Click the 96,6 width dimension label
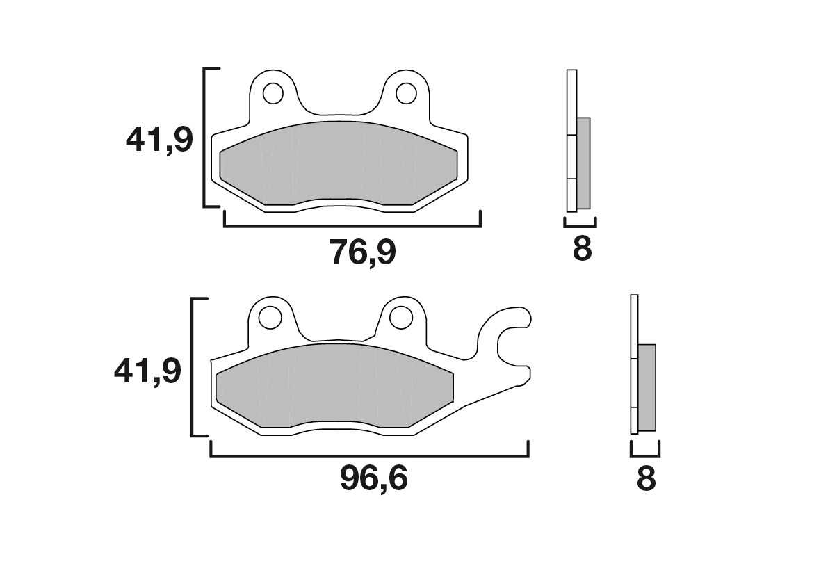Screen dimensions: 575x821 pyautogui.click(x=373, y=479)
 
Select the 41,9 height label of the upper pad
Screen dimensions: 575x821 pyautogui.click(x=158, y=141)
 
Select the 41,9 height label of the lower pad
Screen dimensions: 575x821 pyautogui.click(x=147, y=372)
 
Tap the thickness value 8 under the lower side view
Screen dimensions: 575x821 pyautogui.click(x=646, y=480)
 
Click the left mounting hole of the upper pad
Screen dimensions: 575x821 pyautogui.click(x=273, y=92)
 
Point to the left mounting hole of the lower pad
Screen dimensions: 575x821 pyautogui.click(x=268, y=318)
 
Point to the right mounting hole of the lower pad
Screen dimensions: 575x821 pyautogui.click(x=400, y=318)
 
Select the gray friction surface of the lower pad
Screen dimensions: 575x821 pyautogui.click(x=334, y=386)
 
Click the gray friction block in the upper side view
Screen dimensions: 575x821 pyautogui.click(x=583, y=163)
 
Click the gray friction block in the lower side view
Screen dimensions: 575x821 pyautogui.click(x=647, y=387)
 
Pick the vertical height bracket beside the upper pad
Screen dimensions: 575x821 pyautogui.click(x=204, y=138)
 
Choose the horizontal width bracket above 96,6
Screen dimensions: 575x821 pyautogui.click(x=368, y=457)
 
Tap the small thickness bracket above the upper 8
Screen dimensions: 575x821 pyautogui.click(x=580, y=225)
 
